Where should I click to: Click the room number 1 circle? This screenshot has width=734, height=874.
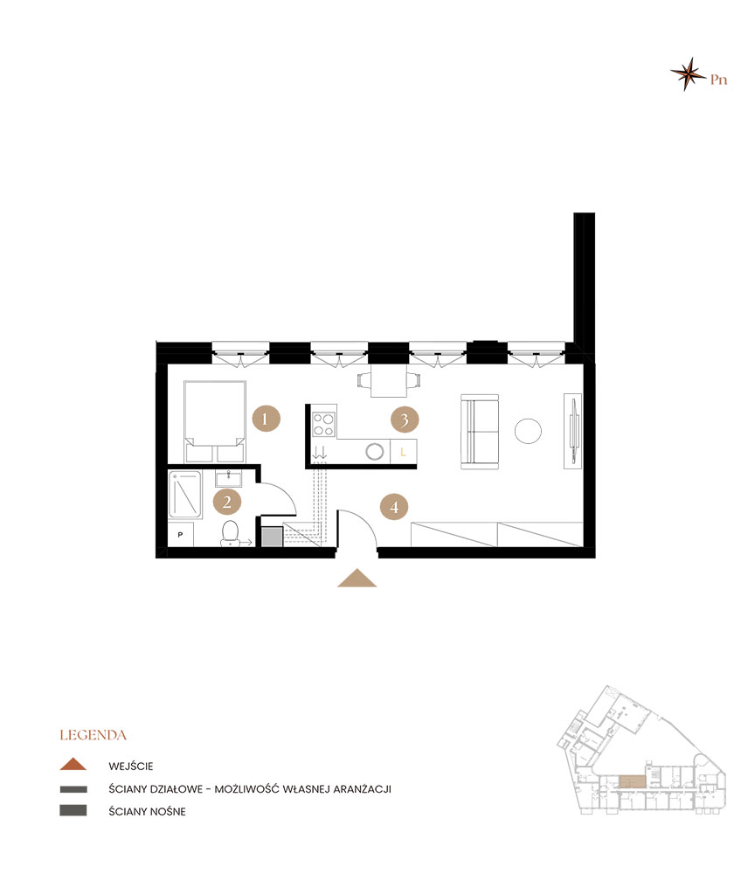(x=266, y=419)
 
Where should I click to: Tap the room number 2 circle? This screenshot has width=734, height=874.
(x=227, y=503)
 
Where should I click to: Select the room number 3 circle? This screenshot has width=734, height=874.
(x=405, y=420)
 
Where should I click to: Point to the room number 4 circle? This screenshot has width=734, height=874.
(x=394, y=507)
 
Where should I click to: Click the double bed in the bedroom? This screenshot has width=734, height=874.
(x=215, y=421)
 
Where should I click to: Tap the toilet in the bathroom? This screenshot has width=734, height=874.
(x=230, y=533)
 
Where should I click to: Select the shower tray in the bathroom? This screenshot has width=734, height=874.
(x=185, y=495)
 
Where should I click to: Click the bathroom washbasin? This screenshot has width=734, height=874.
(x=229, y=479)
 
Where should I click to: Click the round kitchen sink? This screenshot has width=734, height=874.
(x=375, y=452)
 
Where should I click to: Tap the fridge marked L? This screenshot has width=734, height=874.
(x=404, y=452)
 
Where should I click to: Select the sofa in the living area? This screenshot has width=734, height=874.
(x=480, y=432)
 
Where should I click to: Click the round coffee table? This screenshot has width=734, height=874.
(x=528, y=431)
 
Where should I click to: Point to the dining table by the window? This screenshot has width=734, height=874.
(x=389, y=381)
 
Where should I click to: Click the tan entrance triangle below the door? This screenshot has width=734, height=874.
(x=357, y=578)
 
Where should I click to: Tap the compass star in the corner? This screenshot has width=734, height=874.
(x=689, y=73)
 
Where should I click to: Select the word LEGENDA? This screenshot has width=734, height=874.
(x=93, y=735)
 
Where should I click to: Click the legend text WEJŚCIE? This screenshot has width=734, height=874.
(x=131, y=766)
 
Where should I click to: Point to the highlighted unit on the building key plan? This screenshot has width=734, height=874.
(x=633, y=780)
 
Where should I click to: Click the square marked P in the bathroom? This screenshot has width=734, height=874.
(x=181, y=535)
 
